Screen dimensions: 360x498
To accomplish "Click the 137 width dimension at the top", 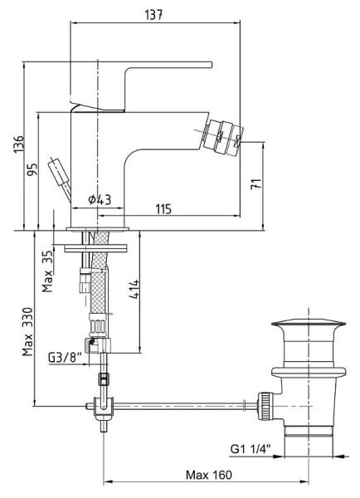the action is tap(153, 15).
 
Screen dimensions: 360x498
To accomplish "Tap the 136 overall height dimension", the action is tap(18, 144).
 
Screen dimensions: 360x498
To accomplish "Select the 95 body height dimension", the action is tap(32, 169).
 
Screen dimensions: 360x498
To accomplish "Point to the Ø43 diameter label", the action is tap(100, 200).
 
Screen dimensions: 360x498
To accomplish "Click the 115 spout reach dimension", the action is tap(163, 209).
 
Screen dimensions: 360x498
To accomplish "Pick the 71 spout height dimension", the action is tap(256, 184).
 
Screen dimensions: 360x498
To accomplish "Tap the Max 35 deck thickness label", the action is tap(47, 271).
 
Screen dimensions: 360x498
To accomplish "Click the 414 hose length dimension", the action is tap(134, 289).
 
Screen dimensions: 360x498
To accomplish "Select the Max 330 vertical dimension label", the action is tap(27, 331).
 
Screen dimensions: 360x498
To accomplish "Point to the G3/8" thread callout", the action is tap(65, 358).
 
